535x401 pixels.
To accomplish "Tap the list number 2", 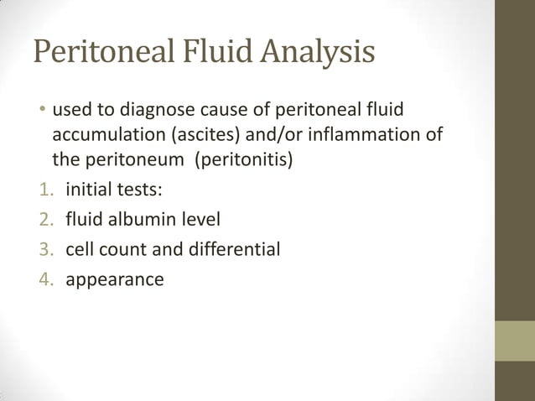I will pos(44,220).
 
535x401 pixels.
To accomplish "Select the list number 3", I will pos(44,249).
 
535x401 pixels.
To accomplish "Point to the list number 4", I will pos(44,279).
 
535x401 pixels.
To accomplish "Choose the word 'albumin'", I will pos(137,220).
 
